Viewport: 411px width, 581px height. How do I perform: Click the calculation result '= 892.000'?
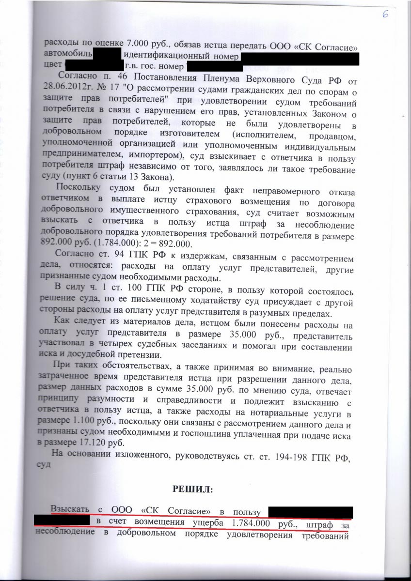coord(175,243)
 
